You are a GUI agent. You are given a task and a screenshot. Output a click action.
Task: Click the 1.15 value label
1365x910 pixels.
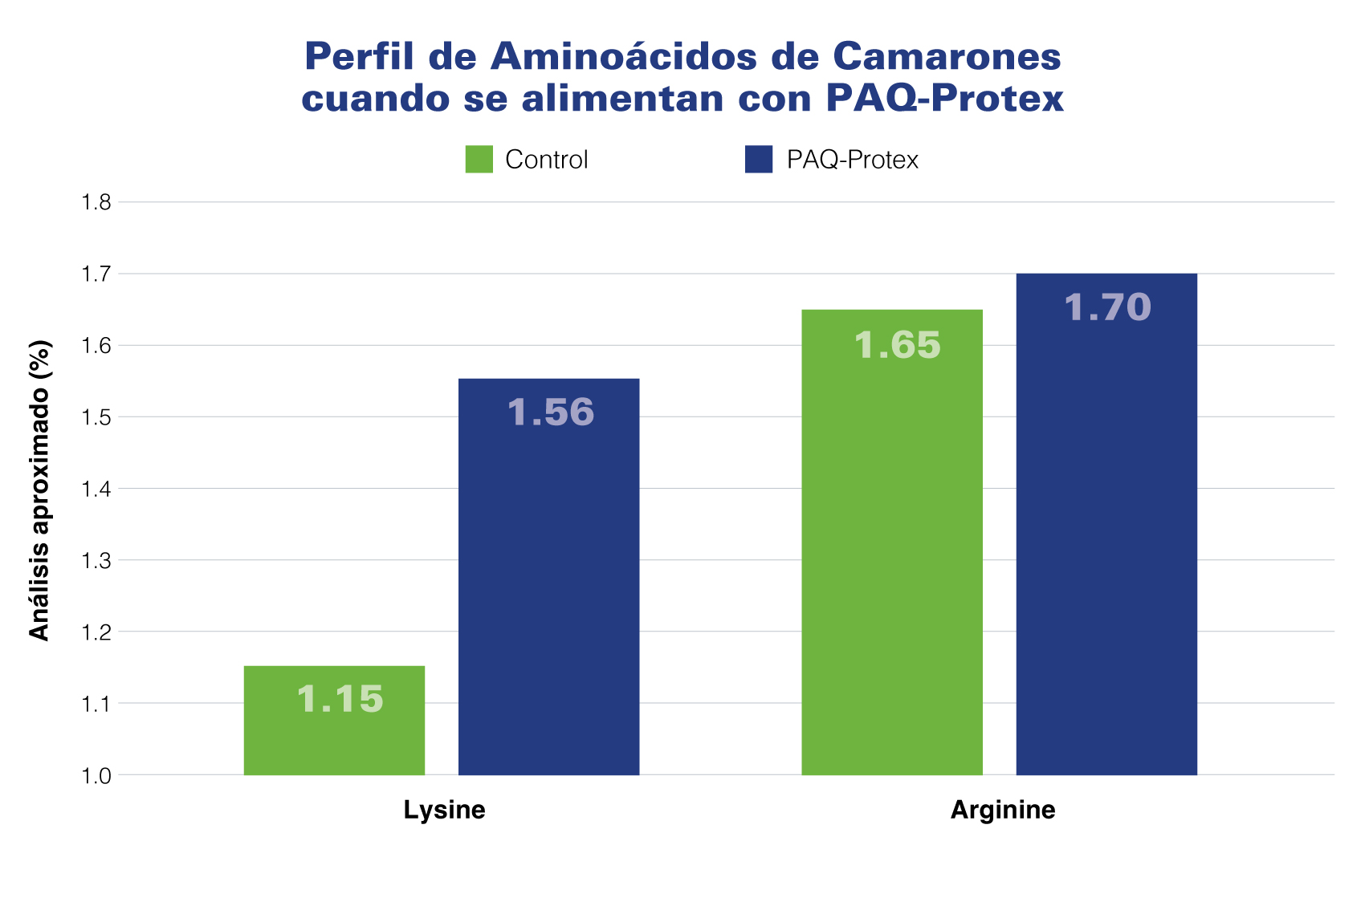(340, 699)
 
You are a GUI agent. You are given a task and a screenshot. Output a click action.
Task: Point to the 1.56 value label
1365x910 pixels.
(551, 412)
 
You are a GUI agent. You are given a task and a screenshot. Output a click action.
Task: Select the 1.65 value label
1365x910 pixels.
(897, 345)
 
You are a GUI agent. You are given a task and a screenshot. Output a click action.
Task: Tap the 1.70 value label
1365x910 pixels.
(1107, 307)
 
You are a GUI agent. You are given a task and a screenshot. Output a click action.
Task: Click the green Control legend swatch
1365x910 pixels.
(479, 159)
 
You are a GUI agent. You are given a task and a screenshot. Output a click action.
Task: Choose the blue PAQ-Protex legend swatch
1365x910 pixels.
(759, 159)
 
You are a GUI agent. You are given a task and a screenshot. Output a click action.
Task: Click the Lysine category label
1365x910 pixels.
(444, 810)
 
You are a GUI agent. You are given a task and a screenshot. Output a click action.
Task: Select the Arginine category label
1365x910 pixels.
(1003, 810)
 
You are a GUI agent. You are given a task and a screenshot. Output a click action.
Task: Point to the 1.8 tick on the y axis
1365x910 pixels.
(96, 202)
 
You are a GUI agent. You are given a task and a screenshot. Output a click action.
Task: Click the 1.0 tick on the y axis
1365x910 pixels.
(96, 775)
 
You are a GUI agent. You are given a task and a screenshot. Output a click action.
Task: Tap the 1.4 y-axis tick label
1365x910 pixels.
(96, 489)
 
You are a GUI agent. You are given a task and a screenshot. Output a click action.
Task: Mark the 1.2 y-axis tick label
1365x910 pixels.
(96, 632)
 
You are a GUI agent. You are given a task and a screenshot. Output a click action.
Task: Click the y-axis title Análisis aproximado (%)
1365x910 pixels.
(39, 491)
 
